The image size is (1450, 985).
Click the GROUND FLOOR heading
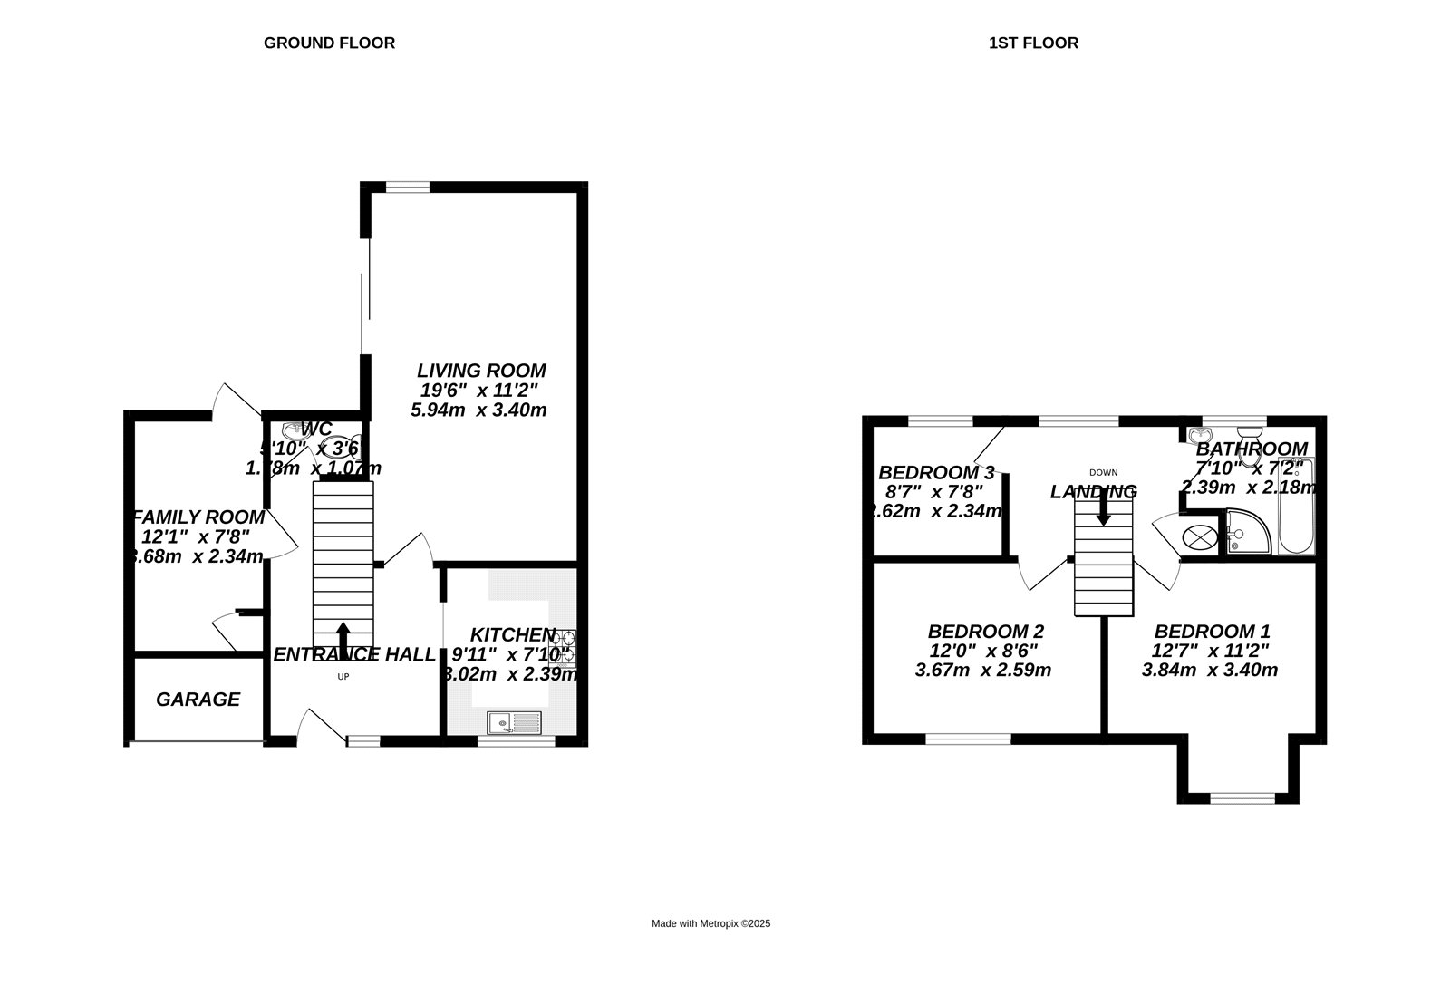pos(329,43)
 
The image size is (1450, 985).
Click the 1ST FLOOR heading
pos(1033,43)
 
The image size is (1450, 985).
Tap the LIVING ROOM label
pos(481,370)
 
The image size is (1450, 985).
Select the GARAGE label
pos(198,699)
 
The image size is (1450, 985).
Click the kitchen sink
pos(514,722)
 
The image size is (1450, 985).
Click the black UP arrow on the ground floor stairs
pos(343,634)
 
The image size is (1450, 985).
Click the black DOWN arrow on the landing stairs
pos(1103,512)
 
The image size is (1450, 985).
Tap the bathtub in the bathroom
pos(1296,507)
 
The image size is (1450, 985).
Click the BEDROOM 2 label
pos(985,631)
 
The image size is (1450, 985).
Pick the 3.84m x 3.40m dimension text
pos(1209,671)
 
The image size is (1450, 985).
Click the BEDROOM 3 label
pos(936,472)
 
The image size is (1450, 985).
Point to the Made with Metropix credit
pos(710,923)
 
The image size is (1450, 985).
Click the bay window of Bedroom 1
pos(1242,797)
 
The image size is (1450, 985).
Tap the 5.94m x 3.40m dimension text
pos(478,410)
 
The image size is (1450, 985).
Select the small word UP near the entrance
pos(343,677)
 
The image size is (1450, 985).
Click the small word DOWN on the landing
pos(1103,472)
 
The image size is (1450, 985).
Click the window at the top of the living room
pos(407,188)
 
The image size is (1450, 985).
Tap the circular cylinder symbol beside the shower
pos(1200,536)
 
